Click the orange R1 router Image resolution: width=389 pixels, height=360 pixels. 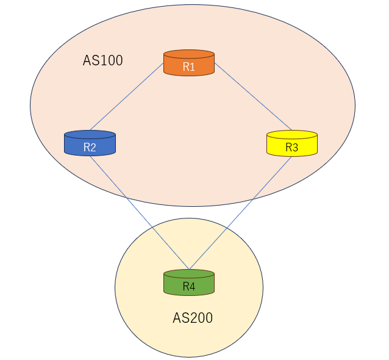(189, 63)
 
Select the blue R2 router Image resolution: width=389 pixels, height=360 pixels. (90, 144)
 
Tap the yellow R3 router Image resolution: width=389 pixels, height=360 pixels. (292, 144)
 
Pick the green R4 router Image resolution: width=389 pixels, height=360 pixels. (189, 283)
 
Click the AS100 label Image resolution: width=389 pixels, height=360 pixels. (102, 60)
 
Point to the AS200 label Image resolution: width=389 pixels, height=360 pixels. (193, 318)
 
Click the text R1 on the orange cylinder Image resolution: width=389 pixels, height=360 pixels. (189, 67)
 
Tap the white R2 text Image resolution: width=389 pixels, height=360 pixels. (90, 148)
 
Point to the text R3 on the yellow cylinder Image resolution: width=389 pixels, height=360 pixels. (292, 148)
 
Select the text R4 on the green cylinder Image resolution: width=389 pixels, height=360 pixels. (189, 287)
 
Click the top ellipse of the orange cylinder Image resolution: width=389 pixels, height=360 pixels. (189, 54)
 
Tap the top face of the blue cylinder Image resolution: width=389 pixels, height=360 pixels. (90, 134)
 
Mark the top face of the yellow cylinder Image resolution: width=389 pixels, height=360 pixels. (292, 134)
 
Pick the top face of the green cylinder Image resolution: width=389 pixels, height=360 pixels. (189, 273)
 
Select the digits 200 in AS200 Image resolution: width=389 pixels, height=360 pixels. (202, 318)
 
